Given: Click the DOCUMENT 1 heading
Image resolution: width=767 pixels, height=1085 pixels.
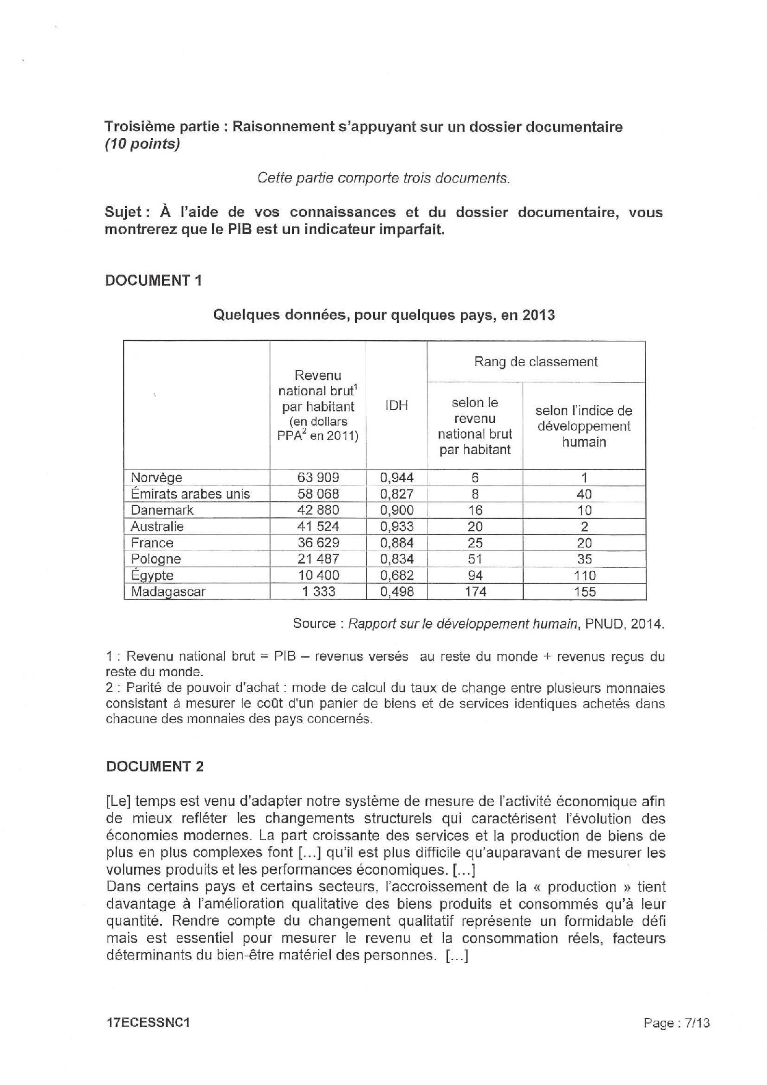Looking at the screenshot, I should tap(153, 280).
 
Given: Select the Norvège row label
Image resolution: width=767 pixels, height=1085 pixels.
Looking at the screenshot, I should tap(156, 478).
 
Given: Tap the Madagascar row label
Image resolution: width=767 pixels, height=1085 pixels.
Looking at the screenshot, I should tap(168, 591).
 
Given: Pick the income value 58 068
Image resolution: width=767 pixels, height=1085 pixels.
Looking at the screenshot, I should tap(318, 494).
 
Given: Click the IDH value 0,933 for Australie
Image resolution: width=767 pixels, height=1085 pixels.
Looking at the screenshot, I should tap(396, 526).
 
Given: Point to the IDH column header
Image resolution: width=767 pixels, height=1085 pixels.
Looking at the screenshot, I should tap(396, 406).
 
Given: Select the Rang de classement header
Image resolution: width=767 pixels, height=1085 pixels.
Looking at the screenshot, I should tap(536, 362).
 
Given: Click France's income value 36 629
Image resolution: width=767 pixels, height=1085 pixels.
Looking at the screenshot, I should tap(318, 542).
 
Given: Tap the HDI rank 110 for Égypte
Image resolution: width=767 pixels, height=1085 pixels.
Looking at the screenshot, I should tap(584, 575).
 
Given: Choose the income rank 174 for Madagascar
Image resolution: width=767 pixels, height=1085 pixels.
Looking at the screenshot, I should tap(475, 591).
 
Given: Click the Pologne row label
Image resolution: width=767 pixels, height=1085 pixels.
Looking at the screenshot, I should tap(156, 559).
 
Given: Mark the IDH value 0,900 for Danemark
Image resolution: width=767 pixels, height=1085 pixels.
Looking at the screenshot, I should tap(396, 510).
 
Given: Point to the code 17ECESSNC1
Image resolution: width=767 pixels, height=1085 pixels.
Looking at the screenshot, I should tap(147, 1023).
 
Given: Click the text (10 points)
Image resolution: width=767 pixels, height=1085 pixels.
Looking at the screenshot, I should tap(142, 144).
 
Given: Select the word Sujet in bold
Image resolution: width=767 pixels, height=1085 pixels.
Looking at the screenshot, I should tap(124, 212).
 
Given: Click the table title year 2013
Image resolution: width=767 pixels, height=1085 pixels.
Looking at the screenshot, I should tap(538, 315).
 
